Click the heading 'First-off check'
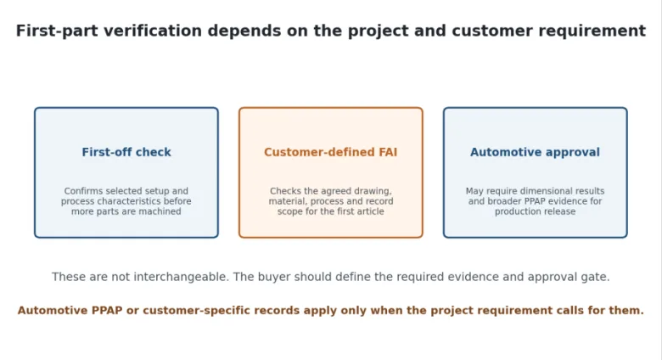tap(126, 152)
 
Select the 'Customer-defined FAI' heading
tap(331, 152)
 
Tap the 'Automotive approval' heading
tap(535, 152)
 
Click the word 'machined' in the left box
tap(161, 211)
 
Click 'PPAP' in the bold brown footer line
tap(107, 311)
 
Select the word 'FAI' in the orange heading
tap(388, 152)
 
